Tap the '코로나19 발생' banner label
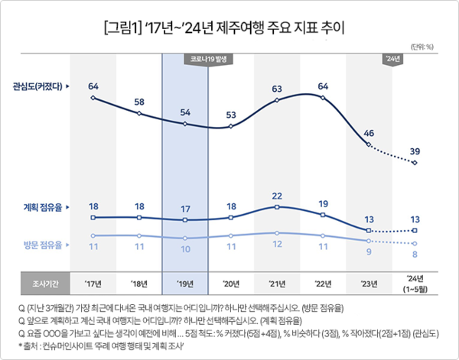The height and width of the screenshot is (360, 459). [208, 58]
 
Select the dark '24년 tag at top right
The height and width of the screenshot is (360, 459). [392, 58]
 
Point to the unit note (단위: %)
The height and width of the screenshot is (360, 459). [425, 47]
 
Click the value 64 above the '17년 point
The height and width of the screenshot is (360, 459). [93, 86]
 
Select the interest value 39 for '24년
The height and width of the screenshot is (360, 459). [415, 151]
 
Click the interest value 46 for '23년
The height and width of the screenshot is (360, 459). [369, 133]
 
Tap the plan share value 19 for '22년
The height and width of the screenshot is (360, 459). [323, 203]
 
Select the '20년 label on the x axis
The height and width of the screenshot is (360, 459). [231, 282]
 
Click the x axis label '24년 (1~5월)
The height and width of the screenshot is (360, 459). [415, 282]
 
